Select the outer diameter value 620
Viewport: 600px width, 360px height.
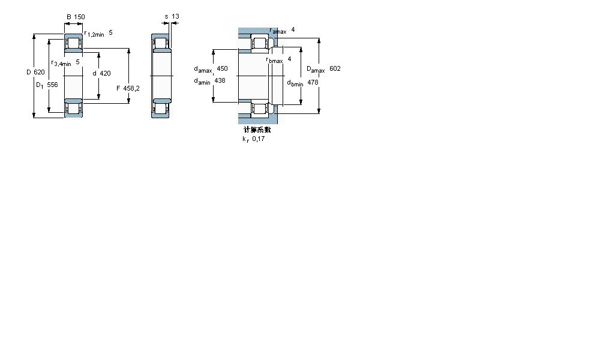click(x=40, y=72)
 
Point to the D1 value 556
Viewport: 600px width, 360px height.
click(x=53, y=85)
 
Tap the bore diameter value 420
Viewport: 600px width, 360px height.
click(x=105, y=73)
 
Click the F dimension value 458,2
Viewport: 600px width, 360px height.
click(x=131, y=88)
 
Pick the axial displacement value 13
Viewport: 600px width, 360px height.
click(x=175, y=16)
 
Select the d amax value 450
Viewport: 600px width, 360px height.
click(x=222, y=68)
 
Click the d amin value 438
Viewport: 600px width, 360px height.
click(x=220, y=80)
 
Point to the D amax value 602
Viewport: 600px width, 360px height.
click(x=335, y=68)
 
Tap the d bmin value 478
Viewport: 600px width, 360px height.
click(x=313, y=82)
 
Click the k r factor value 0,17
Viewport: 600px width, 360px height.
click(x=258, y=139)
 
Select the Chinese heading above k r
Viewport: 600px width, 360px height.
click(x=257, y=129)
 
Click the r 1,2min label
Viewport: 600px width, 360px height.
click(x=94, y=34)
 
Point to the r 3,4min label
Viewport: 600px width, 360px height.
click(x=61, y=63)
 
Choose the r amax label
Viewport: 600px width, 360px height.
click(x=278, y=31)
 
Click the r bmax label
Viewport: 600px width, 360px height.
click(x=274, y=59)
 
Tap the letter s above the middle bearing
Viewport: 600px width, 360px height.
click(x=166, y=16)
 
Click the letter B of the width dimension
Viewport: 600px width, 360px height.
click(x=68, y=17)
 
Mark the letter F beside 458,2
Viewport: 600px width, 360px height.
click(x=118, y=88)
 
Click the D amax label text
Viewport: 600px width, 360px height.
click(x=316, y=69)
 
